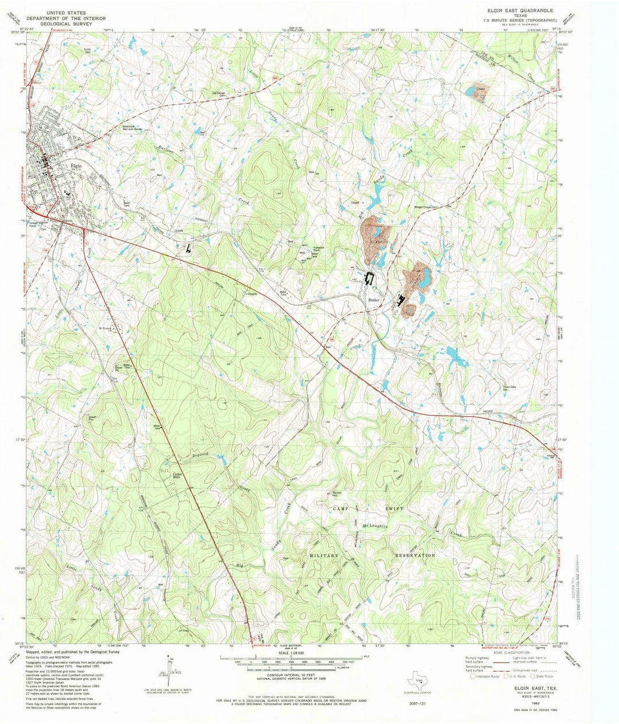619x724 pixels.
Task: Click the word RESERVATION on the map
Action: click(x=415, y=555)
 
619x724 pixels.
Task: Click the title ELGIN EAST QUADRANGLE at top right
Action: click(x=520, y=10)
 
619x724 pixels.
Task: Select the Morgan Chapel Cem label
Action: click(x=429, y=208)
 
